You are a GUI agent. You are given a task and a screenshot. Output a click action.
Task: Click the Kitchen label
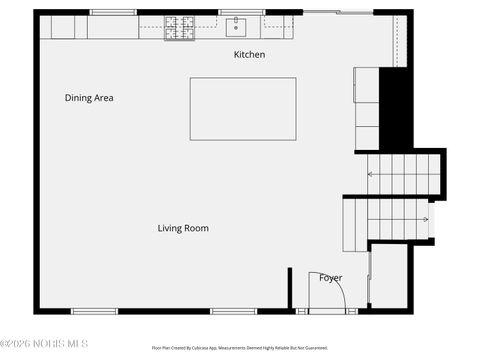click(x=249, y=54)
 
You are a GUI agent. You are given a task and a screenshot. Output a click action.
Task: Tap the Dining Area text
click(x=89, y=98)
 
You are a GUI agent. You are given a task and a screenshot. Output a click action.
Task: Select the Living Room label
click(x=183, y=228)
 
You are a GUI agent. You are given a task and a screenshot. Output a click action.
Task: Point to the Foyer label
click(x=330, y=278)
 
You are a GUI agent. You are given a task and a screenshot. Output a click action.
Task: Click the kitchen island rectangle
click(x=243, y=109)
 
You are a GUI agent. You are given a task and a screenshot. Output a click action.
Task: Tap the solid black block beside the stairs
click(x=396, y=108)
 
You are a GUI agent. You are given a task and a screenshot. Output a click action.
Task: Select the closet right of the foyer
click(x=389, y=276)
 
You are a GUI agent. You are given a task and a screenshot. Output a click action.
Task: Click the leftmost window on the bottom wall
click(x=94, y=311)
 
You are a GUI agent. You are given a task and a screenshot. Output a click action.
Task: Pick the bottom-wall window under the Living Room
click(x=233, y=311)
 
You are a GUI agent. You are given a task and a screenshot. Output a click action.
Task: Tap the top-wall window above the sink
click(x=241, y=12)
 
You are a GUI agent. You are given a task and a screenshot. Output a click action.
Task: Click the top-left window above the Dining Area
click(x=113, y=12)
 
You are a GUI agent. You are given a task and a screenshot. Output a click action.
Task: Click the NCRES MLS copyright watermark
click(x=44, y=344)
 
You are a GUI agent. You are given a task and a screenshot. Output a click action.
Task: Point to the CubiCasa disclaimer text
click(x=239, y=348)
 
